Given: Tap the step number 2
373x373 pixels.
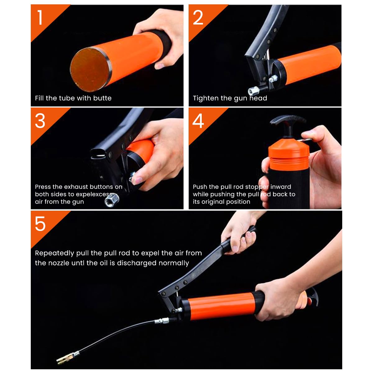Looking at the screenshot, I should (x=198, y=18).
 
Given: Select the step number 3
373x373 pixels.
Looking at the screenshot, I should (x=40, y=121).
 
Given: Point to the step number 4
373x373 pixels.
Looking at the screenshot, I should (x=198, y=121).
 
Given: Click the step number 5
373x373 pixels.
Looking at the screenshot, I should (x=40, y=224).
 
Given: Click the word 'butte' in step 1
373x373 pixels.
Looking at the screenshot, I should (x=102, y=98).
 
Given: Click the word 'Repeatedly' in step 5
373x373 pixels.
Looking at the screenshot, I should (x=54, y=253).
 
